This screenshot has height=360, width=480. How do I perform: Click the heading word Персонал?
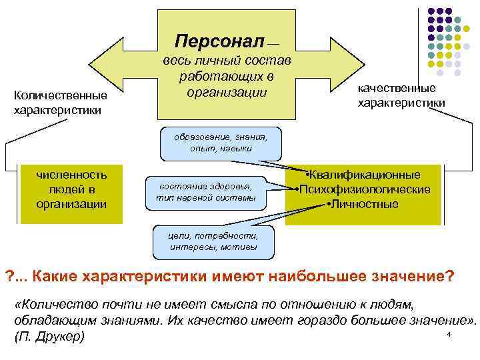coord(219,41)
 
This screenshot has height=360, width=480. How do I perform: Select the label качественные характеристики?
coord(401,96)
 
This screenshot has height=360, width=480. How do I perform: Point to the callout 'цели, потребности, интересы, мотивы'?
coord(213,241)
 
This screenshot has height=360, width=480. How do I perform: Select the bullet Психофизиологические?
coord(364,189)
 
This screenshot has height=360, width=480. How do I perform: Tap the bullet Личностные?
coord(364,203)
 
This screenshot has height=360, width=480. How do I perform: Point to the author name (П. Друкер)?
coord(49,336)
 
